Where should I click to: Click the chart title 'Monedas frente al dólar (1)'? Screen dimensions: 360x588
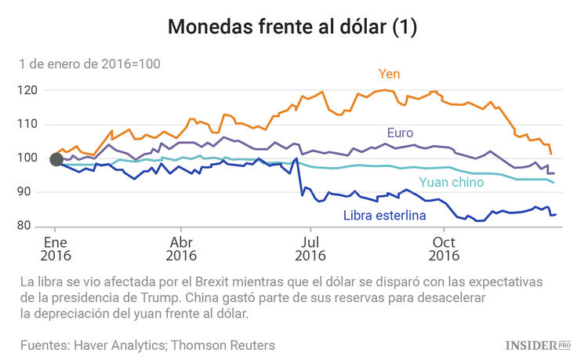point(293,27)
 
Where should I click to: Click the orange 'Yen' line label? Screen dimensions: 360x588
point(390,75)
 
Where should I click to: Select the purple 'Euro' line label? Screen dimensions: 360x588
point(400,133)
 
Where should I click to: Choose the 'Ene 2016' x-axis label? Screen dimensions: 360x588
point(56,249)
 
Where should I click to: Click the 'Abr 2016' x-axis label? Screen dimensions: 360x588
point(181,249)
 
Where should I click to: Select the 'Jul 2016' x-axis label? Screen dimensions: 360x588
point(310,249)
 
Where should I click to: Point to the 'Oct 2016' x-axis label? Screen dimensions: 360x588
point(444,249)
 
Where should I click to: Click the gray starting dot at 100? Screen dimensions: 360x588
point(56,160)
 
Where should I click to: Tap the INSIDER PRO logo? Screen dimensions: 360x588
point(537,344)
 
